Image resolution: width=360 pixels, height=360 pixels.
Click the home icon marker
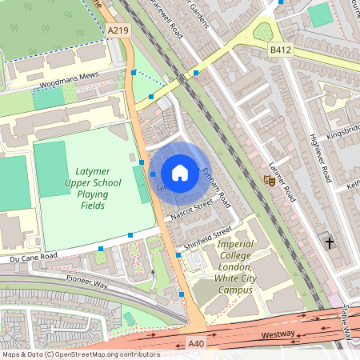coord(180,173)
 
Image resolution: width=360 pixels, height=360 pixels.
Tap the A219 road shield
coord(118,30)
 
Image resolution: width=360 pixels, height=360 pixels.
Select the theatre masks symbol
coord(270,181)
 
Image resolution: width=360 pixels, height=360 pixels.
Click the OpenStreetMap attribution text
coord(80,354)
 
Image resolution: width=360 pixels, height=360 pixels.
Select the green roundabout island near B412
coord(263,33)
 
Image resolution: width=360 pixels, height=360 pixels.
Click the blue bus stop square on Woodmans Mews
coord(133,72)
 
